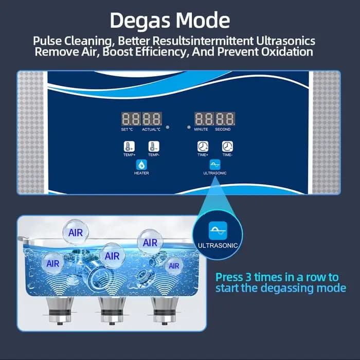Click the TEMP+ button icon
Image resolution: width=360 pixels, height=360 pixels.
coord(129,147)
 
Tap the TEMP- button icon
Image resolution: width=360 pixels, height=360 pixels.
coord(154,147)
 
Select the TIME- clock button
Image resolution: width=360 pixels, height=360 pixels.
coord(227,147)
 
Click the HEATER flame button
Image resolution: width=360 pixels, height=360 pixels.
coord(141,165)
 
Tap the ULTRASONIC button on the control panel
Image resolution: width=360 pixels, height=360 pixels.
coord(215,165)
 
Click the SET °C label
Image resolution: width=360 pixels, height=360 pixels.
coord(127,129)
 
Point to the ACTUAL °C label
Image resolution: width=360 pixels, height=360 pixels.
coord(151,129)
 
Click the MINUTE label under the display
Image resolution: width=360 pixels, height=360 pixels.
coord(201,129)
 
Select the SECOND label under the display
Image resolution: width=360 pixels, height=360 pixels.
coord(223,129)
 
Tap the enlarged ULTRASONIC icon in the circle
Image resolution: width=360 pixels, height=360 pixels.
coord(218,230)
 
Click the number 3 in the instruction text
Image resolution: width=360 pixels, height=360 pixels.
coord(248,277)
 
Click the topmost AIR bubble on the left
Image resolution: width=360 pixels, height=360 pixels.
coord(76,232)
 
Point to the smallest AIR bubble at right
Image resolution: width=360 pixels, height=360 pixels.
coord(174,266)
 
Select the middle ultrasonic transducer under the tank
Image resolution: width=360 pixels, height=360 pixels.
coord(112,311)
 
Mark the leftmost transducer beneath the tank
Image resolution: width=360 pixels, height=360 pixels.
coord(60,311)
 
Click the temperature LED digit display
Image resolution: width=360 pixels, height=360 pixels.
coord(141,119)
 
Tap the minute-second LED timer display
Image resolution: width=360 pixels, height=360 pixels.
coord(214,119)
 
